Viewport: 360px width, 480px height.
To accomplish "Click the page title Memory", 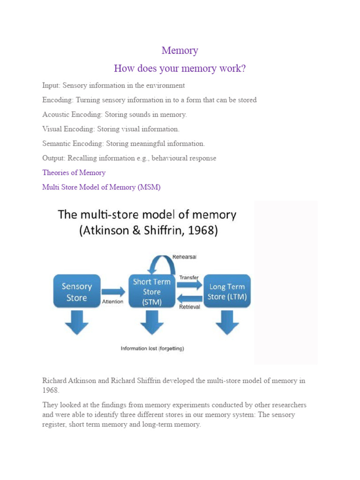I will point(180,51).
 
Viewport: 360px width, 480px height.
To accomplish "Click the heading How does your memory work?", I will point(180,68).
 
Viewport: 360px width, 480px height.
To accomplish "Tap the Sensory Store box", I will point(76,292).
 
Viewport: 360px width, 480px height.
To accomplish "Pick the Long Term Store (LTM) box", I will point(227,292).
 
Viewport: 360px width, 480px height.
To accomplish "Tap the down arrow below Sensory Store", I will point(76,322).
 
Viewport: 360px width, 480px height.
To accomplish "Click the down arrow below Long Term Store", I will point(227,322).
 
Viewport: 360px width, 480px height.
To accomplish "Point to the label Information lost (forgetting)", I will point(152,348).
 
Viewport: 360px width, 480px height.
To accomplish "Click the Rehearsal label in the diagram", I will point(185,257).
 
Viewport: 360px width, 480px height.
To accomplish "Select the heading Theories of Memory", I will point(74,172).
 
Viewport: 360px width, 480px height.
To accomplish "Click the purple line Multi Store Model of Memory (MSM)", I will point(101,187).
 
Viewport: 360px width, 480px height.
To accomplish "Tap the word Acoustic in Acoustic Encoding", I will point(55,114).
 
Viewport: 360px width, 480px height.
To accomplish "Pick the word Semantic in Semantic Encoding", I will point(57,143).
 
